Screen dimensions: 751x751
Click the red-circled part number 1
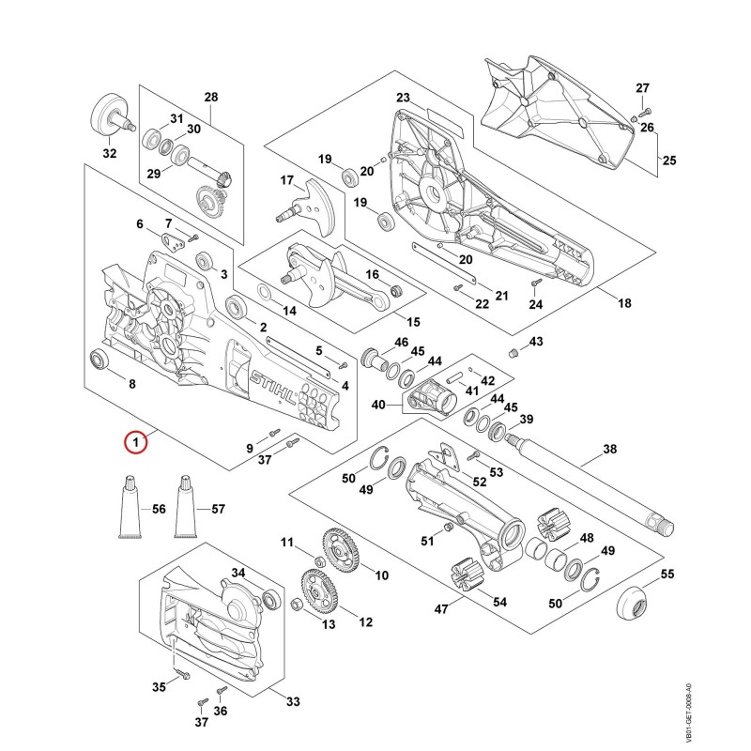[136, 442]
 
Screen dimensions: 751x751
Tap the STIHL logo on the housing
[273, 387]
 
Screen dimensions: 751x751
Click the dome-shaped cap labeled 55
[632, 604]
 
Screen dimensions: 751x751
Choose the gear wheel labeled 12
[318, 592]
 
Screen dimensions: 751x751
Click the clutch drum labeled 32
[113, 116]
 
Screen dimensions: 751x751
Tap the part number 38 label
[609, 449]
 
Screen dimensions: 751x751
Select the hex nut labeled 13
[297, 605]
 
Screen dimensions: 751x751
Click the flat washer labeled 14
[265, 291]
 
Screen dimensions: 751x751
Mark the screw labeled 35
[183, 674]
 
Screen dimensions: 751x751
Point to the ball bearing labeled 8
[100, 360]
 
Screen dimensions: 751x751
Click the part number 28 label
[211, 98]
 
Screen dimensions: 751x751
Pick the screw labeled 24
[535, 284]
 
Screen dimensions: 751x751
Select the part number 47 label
[441, 608]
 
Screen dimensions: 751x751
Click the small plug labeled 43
[513, 354]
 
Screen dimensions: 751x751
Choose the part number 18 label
[624, 302]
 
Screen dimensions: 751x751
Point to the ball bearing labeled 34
[271, 600]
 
